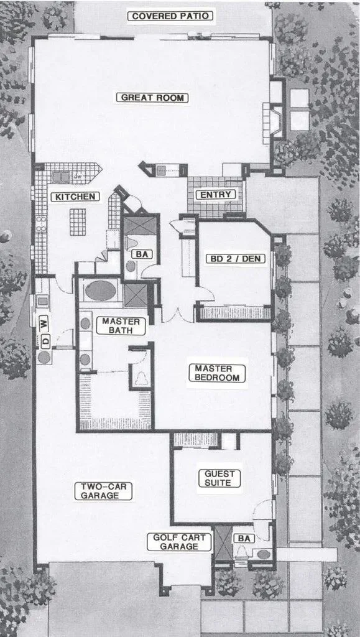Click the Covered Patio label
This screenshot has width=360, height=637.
tap(170, 16)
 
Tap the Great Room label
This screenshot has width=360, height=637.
tap(152, 98)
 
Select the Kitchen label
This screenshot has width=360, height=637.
tap(75, 197)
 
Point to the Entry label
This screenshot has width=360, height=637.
tap(216, 195)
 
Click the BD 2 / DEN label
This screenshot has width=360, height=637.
tap(236, 259)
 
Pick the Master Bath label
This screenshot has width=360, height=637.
tap(121, 326)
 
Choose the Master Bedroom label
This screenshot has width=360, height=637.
tap(217, 373)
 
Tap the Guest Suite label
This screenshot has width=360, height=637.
tap(219, 478)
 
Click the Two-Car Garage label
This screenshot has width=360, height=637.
tap(103, 491)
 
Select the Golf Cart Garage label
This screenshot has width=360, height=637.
tap(179, 542)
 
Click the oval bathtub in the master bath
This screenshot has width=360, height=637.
tap(101, 291)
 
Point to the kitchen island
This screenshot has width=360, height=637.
tap(78, 222)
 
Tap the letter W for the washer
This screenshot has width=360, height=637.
tap(44, 325)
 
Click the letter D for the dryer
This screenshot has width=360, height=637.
tap(45, 342)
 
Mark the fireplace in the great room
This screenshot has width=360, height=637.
tap(274, 121)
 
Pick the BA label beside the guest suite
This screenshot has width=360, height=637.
tap(244, 539)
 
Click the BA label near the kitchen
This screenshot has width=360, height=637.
tap(142, 254)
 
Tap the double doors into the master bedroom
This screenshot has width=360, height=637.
tap(177, 315)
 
